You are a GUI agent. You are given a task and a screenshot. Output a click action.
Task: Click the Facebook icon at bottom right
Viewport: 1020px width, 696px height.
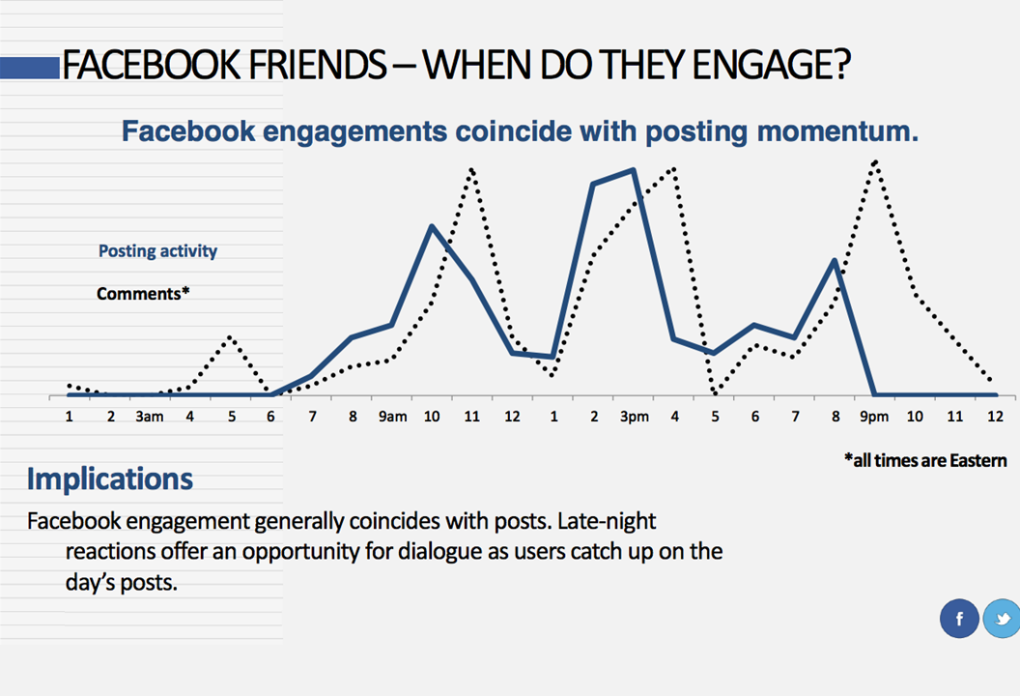(959, 619)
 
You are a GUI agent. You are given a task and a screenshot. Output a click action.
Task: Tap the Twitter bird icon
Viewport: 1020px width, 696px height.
(1002, 619)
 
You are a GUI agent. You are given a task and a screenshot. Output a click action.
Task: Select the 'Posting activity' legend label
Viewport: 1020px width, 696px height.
(157, 251)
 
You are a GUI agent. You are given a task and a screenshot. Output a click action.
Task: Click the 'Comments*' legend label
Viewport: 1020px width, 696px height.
(143, 293)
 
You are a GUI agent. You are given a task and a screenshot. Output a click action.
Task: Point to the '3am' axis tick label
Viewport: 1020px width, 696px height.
(149, 417)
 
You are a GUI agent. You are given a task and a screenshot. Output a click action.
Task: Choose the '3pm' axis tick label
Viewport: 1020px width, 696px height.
(634, 417)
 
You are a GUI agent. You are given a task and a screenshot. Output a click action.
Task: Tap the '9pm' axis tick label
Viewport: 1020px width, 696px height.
(875, 417)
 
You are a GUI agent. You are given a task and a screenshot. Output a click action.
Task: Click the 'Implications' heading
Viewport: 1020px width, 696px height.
(109, 478)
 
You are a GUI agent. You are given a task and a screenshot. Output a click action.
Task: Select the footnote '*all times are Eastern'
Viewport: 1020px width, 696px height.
(924, 460)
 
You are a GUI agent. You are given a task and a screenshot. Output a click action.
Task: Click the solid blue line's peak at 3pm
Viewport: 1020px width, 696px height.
(634, 170)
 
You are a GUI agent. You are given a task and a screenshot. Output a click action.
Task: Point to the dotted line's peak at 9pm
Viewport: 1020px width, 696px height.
(875, 161)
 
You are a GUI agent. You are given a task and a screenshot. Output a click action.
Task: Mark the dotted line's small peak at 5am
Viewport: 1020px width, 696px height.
(230, 336)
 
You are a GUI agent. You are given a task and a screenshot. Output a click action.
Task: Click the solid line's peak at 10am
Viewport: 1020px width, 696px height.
(432, 227)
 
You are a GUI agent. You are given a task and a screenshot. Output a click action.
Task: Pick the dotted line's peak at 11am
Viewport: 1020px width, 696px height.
(472, 169)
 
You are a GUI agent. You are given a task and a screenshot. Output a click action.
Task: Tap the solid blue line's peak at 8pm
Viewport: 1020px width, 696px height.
(835, 260)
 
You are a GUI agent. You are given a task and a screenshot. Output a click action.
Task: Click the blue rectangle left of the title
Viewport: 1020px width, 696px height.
(29, 68)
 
